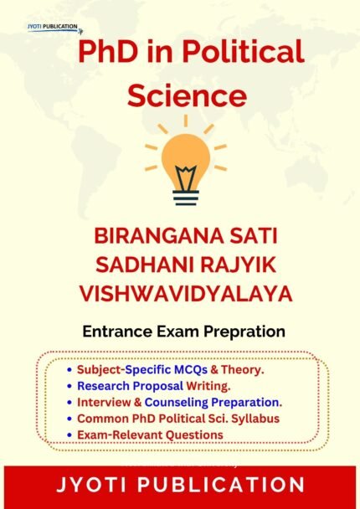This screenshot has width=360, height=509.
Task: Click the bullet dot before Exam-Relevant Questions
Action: click(x=69, y=435)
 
